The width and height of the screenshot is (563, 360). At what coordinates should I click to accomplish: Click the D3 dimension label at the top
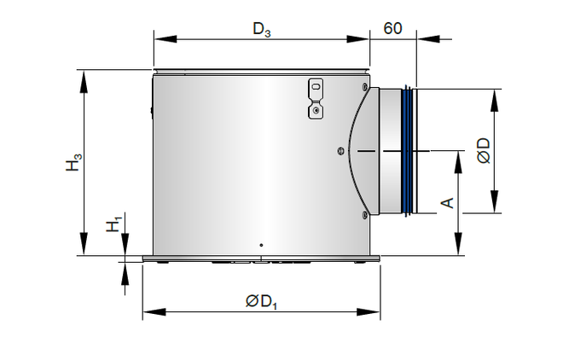pyautogui.click(x=262, y=29)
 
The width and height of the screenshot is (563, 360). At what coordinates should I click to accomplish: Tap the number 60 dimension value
pyautogui.click(x=392, y=28)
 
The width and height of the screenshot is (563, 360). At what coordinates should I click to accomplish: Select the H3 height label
pyautogui.click(x=73, y=162)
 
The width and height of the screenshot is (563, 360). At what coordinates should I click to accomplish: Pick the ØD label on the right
pyautogui.click(x=484, y=151)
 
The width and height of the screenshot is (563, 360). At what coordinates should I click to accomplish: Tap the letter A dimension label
pyautogui.click(x=447, y=203)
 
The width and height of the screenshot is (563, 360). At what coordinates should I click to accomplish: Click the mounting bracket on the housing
pyautogui.click(x=316, y=99)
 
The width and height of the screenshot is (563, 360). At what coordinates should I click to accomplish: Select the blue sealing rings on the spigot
pyautogui.click(x=407, y=151)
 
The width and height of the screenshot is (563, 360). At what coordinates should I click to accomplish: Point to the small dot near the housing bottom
pyautogui.click(x=261, y=245)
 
